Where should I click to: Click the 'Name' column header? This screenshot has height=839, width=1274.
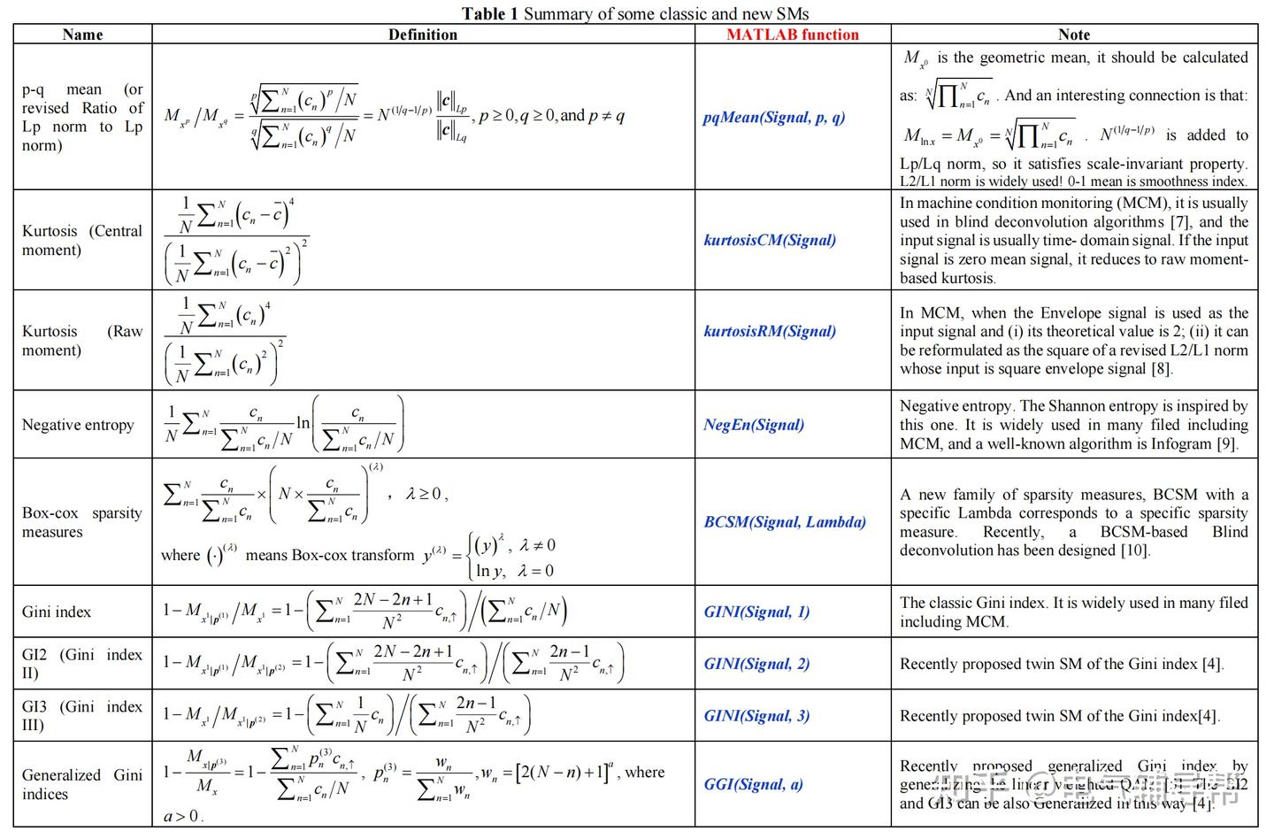[x=82, y=35]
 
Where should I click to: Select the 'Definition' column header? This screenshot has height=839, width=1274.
[x=423, y=35]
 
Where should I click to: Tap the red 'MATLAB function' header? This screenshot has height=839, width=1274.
[x=793, y=35]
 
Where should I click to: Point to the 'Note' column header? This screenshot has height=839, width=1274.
[x=1074, y=35]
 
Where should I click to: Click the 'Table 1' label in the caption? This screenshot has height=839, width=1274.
[x=490, y=13]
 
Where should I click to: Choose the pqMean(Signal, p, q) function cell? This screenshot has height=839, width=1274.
[x=774, y=117]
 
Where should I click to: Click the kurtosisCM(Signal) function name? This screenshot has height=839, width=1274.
[x=770, y=240]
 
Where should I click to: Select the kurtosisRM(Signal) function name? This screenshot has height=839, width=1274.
[x=770, y=331]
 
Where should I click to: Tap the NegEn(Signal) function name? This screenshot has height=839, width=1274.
[x=754, y=425]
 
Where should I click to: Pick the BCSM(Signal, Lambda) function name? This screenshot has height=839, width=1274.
[x=785, y=522]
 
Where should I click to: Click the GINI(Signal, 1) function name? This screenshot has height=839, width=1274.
[x=756, y=612]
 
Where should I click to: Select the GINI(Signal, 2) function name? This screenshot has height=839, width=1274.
[x=756, y=664]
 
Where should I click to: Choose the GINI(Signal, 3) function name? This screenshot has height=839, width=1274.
[x=756, y=716]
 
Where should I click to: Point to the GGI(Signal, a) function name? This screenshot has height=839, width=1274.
[x=753, y=784]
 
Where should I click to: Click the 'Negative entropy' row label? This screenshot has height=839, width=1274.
[x=78, y=426]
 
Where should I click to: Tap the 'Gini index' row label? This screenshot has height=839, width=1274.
[x=57, y=612]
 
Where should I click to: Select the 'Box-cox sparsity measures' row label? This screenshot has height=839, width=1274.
[x=81, y=522]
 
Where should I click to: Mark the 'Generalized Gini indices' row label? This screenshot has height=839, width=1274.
[x=81, y=784]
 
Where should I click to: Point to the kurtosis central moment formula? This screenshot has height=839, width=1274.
[x=236, y=241]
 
